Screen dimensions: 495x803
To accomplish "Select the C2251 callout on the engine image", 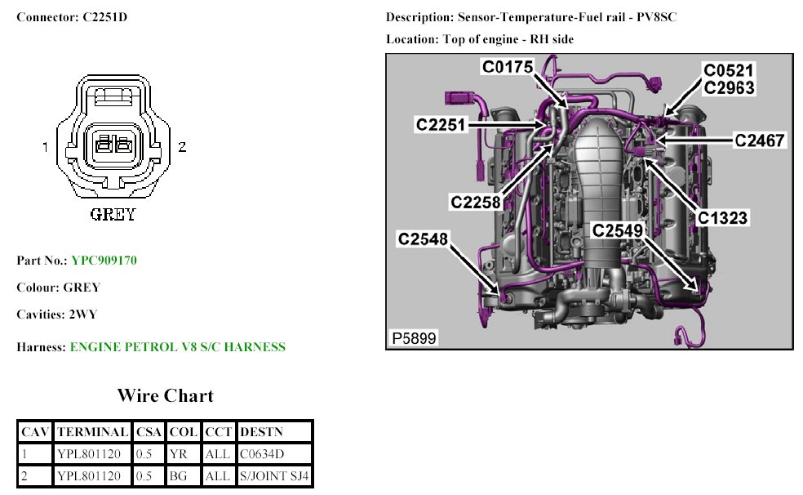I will [441, 124].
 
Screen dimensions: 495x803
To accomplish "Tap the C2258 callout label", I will [476, 202].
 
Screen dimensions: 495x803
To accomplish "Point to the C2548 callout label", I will [424, 239].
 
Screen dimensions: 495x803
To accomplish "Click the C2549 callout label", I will [619, 231].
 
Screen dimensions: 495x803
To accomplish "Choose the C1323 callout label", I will [722, 218].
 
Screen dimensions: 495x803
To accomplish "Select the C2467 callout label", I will [759, 141].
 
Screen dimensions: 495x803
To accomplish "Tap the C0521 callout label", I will [729, 70].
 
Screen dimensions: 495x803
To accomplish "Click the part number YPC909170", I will [104, 261].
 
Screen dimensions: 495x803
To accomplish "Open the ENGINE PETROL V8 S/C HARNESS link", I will [177, 347].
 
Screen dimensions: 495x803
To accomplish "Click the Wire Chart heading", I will [165, 396].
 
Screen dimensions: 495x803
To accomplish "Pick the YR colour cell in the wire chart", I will [179, 453].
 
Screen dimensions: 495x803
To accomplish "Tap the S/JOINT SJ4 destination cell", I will [274, 475].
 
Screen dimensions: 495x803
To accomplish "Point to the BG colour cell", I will [179, 475].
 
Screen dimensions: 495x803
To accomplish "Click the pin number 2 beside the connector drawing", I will [183, 147].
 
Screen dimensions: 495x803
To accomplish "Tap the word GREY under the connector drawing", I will [113, 216].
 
